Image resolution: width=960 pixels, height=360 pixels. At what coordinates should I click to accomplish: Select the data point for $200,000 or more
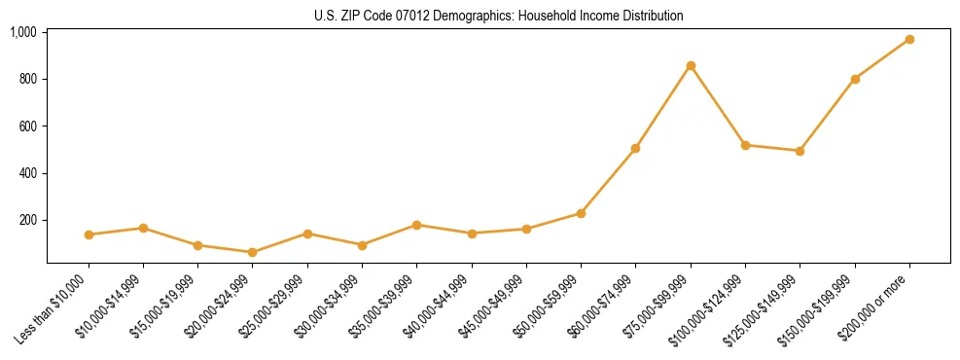(x=909, y=39)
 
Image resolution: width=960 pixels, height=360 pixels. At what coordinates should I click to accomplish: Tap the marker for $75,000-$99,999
(x=691, y=65)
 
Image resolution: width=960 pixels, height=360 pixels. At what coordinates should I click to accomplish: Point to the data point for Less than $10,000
(x=89, y=234)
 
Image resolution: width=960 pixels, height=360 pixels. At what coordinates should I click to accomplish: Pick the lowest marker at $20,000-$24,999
(x=253, y=252)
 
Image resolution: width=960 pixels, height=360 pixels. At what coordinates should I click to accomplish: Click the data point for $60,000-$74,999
(x=635, y=148)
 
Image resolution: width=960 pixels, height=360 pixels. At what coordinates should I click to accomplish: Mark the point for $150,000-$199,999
(x=855, y=79)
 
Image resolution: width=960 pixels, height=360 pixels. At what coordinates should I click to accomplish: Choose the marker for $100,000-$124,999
(x=745, y=145)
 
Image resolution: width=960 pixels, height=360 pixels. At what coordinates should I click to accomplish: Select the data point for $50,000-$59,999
(x=581, y=213)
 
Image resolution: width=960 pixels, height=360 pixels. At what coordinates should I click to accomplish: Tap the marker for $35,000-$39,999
(x=416, y=225)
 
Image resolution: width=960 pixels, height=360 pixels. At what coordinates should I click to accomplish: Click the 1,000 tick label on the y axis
(x=23, y=32)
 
